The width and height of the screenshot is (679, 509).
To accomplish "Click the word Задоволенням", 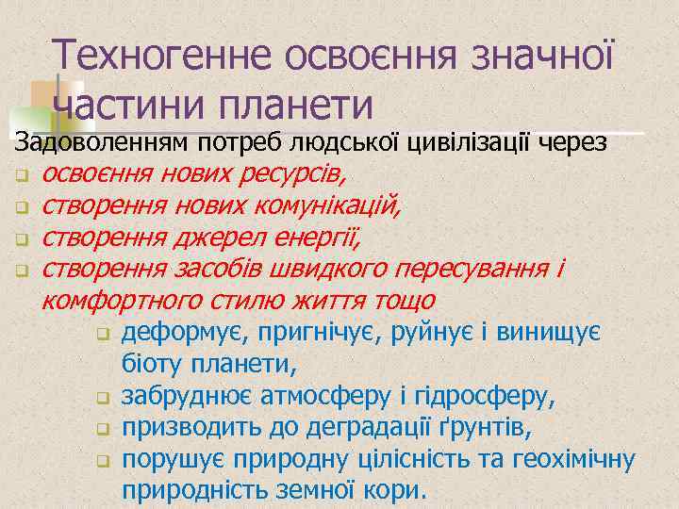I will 99,143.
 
